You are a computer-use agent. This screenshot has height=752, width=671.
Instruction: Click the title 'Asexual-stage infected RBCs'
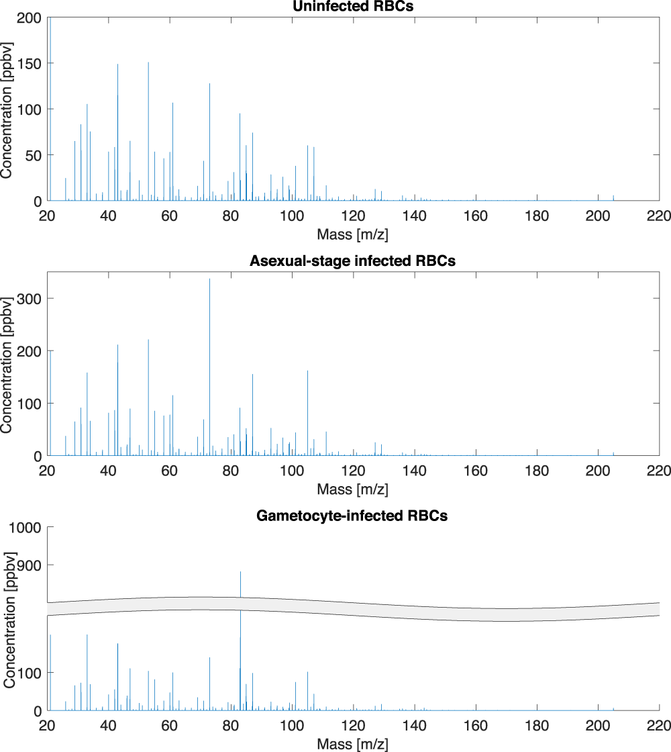pyautogui.click(x=353, y=261)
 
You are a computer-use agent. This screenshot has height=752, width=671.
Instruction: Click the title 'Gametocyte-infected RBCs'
pyautogui.click(x=353, y=516)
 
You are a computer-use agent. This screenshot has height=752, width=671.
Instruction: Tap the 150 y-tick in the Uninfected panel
pyautogui.click(x=32, y=63)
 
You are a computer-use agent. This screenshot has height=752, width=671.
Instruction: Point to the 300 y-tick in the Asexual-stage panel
pyautogui.click(x=32, y=298)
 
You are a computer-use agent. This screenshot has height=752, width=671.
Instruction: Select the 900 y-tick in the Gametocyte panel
pyautogui.click(x=32, y=565)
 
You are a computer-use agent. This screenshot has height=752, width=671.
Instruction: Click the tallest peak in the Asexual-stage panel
pyautogui.click(x=209, y=280)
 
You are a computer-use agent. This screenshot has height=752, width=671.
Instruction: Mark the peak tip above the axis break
pyautogui.click(x=240, y=573)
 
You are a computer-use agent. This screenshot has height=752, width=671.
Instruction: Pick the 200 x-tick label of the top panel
pyautogui.click(x=597, y=216)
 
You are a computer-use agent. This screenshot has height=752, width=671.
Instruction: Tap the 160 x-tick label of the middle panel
pyautogui.click(x=475, y=471)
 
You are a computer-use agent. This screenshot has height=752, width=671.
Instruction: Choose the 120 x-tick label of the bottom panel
pyautogui.click(x=353, y=726)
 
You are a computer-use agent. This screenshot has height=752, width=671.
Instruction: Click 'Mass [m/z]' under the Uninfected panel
pyautogui.click(x=353, y=234)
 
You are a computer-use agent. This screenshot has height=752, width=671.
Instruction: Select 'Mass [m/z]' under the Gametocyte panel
pyautogui.click(x=353, y=744)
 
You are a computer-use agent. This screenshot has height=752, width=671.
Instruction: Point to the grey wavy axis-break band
pyautogui.click(x=403, y=610)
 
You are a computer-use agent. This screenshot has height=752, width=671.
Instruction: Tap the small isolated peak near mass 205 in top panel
pyautogui.click(x=613, y=197)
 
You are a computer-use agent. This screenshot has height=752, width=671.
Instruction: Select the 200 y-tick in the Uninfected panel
pyautogui.click(x=32, y=17)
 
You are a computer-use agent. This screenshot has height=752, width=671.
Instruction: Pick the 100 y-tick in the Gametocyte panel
pyautogui.click(x=32, y=673)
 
